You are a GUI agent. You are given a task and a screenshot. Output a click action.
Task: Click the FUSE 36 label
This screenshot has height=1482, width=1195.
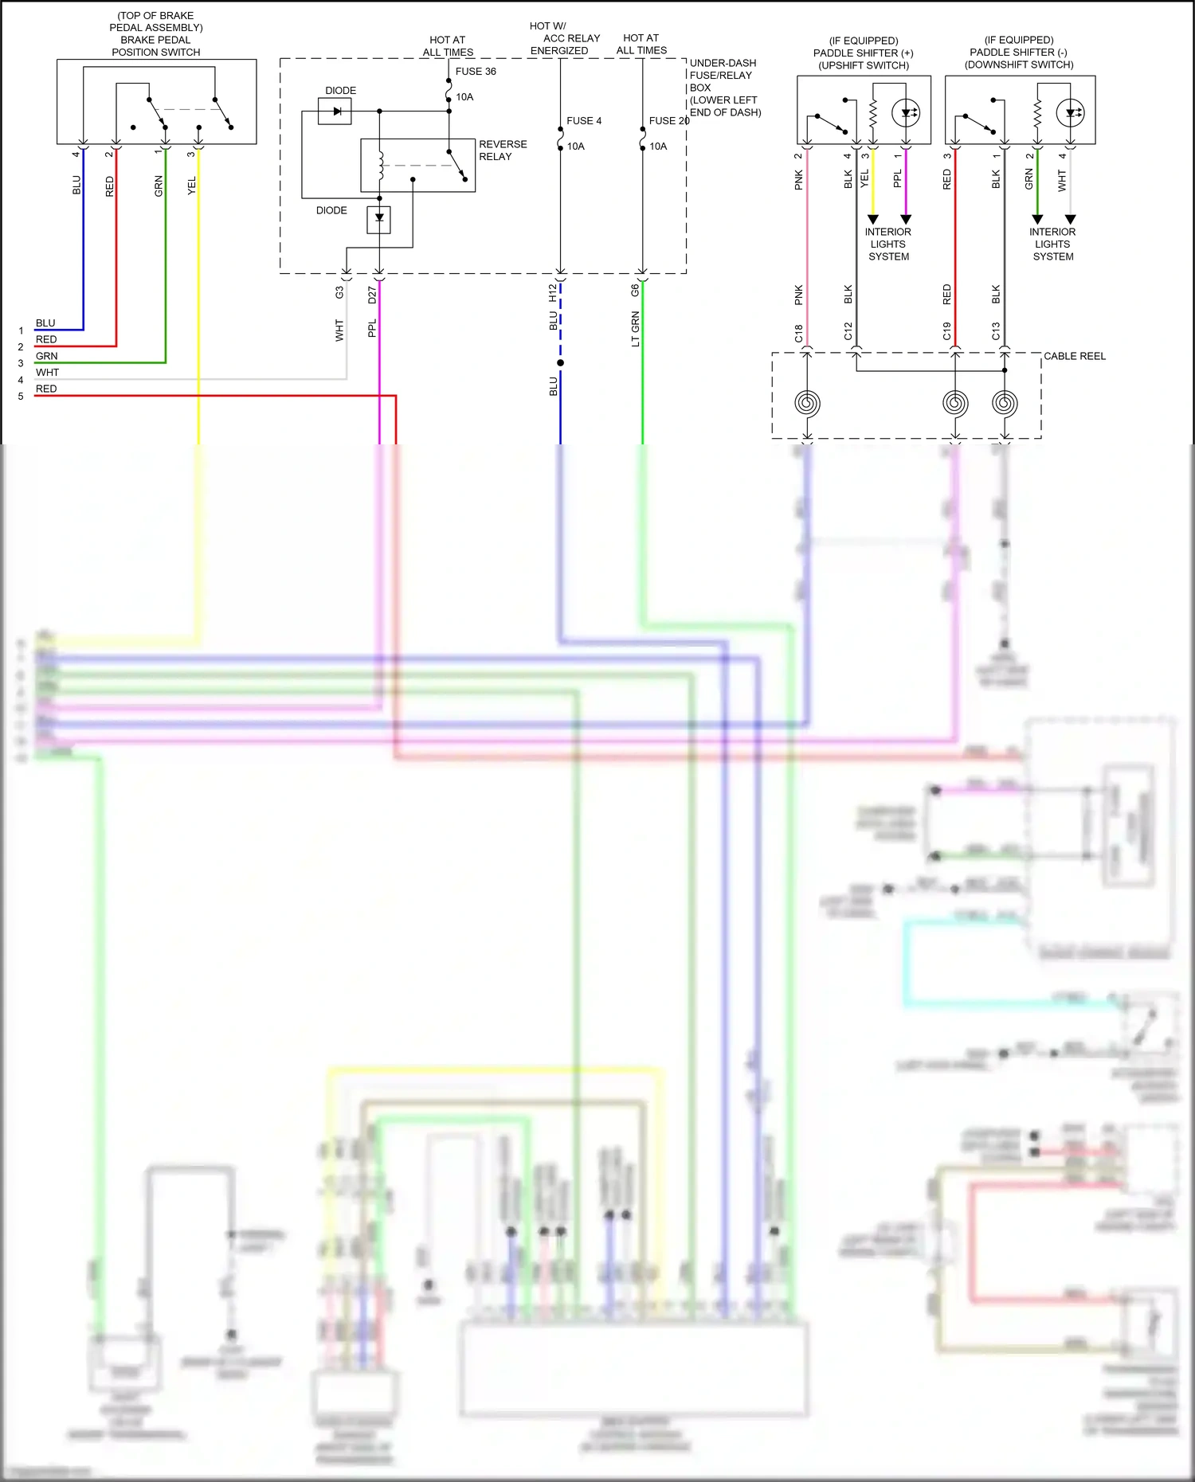475,72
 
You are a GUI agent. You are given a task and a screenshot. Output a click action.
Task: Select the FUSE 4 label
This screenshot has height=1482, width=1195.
584,121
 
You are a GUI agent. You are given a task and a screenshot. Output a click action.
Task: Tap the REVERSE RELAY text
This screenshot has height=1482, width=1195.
502,151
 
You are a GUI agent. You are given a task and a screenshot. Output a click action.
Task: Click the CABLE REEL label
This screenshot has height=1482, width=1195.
1074,356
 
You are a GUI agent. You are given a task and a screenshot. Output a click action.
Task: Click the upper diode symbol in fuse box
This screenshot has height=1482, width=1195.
335,111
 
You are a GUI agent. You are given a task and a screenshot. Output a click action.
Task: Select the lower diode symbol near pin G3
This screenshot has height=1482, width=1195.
379,218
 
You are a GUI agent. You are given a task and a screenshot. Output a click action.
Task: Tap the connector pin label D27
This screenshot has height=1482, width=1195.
372,295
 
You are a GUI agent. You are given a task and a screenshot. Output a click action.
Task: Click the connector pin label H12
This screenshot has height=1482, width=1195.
553,293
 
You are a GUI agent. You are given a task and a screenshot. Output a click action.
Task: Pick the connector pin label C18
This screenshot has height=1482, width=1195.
798,333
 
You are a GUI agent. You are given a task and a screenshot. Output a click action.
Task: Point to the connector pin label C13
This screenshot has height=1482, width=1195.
996,331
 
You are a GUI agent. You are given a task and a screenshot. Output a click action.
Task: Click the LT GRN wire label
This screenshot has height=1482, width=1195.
635,329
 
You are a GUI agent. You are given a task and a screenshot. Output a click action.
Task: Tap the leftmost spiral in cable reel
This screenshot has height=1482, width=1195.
807,403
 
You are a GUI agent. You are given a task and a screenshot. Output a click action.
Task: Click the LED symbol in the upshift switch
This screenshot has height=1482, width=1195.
906,113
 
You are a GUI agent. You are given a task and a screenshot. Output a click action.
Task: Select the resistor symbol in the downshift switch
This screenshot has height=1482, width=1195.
1037,113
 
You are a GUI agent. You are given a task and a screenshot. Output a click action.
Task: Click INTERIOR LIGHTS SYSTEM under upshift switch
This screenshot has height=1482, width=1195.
888,244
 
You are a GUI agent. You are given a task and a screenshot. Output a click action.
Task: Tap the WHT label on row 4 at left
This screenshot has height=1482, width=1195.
47,373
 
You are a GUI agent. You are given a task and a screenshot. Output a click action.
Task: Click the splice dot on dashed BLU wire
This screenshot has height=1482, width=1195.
561,363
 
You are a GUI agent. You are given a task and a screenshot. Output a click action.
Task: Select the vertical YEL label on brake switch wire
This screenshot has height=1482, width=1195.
191,186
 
